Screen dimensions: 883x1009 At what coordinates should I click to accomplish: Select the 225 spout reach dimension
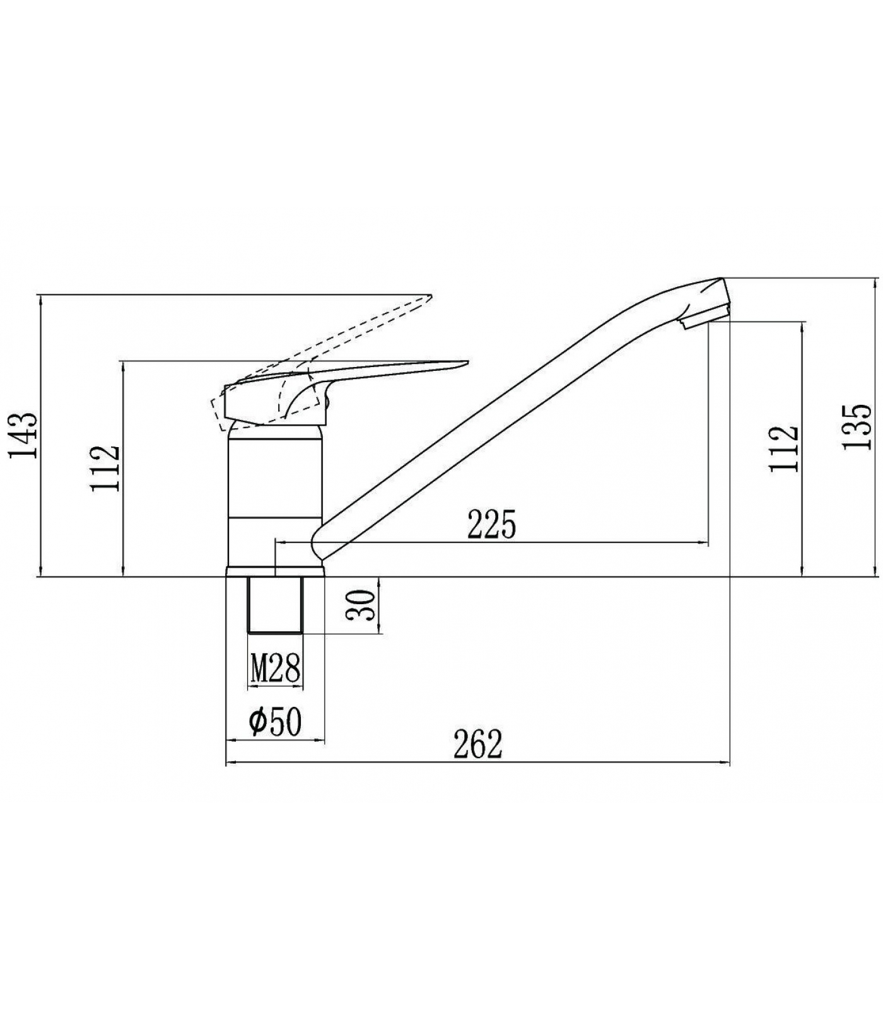click(x=491, y=524)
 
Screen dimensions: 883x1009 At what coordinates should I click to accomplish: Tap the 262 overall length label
click(x=477, y=745)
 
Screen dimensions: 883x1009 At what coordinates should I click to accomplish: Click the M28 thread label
click(x=275, y=668)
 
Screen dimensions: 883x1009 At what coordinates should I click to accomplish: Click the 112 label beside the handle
click(x=104, y=469)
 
